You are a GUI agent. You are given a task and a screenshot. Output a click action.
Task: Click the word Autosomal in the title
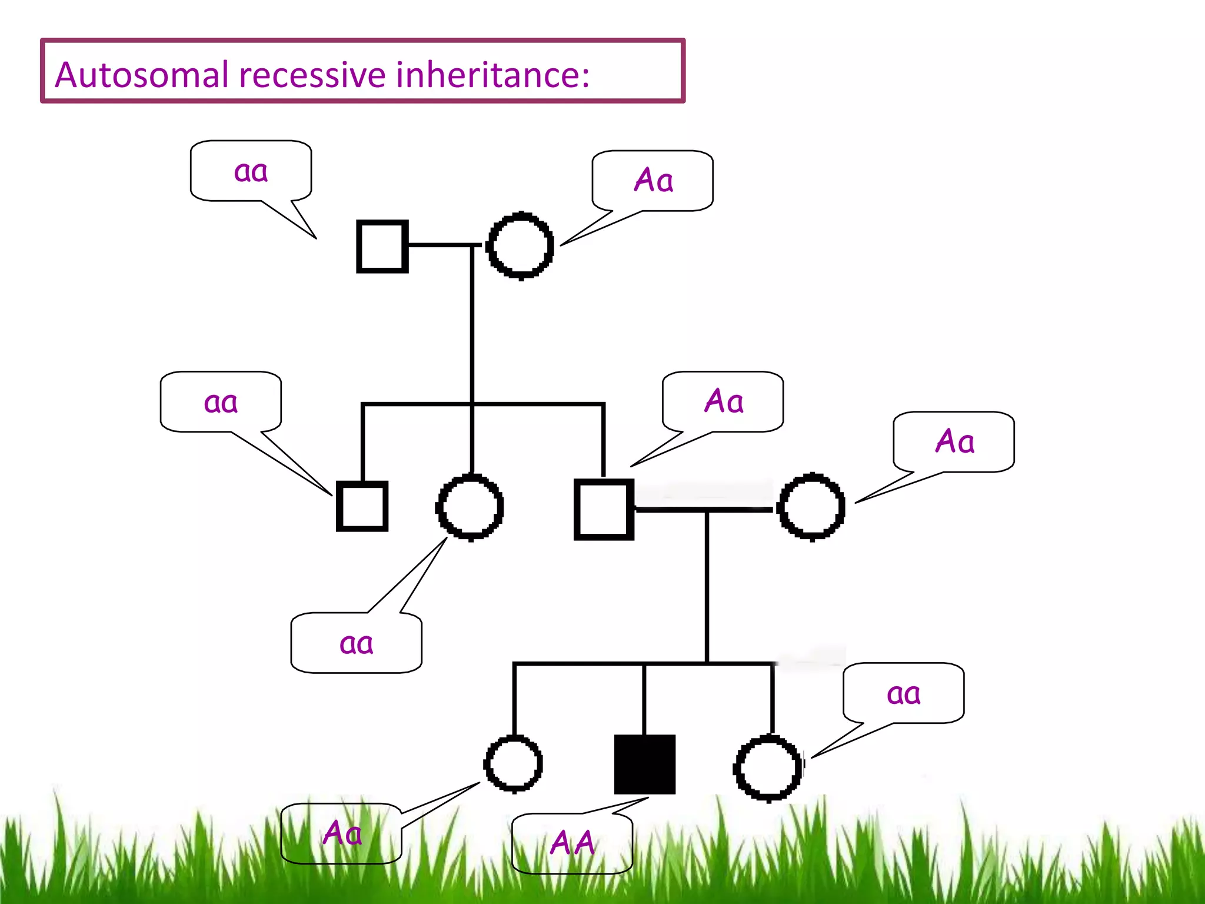(141, 75)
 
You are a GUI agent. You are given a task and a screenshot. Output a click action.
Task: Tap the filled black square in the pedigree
(644, 764)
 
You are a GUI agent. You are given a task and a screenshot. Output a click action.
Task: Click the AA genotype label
(572, 843)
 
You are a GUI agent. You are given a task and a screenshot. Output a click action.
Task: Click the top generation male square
(382, 246)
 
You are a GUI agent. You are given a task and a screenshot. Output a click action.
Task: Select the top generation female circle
(520, 245)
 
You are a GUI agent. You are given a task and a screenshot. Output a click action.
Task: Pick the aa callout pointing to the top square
(251, 171)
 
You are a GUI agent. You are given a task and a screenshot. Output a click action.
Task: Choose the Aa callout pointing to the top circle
(653, 180)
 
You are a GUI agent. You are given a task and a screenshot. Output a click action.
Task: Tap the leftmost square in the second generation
(362, 506)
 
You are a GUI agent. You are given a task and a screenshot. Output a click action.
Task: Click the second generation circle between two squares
(470, 507)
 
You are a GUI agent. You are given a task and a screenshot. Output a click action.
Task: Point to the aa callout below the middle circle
(356, 643)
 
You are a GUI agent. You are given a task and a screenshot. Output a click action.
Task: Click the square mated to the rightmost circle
(604, 509)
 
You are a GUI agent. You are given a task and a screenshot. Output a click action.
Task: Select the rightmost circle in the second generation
(811, 507)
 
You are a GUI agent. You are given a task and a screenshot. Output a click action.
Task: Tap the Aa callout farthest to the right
(954, 441)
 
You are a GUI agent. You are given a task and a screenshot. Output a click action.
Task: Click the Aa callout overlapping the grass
(342, 833)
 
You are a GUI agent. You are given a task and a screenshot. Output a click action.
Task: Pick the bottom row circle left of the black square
(513, 764)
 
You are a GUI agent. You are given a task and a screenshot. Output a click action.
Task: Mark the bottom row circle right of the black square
(768, 768)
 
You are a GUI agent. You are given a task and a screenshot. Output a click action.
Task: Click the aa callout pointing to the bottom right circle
(903, 693)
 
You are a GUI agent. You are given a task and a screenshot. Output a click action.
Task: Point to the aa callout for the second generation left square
(221, 403)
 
